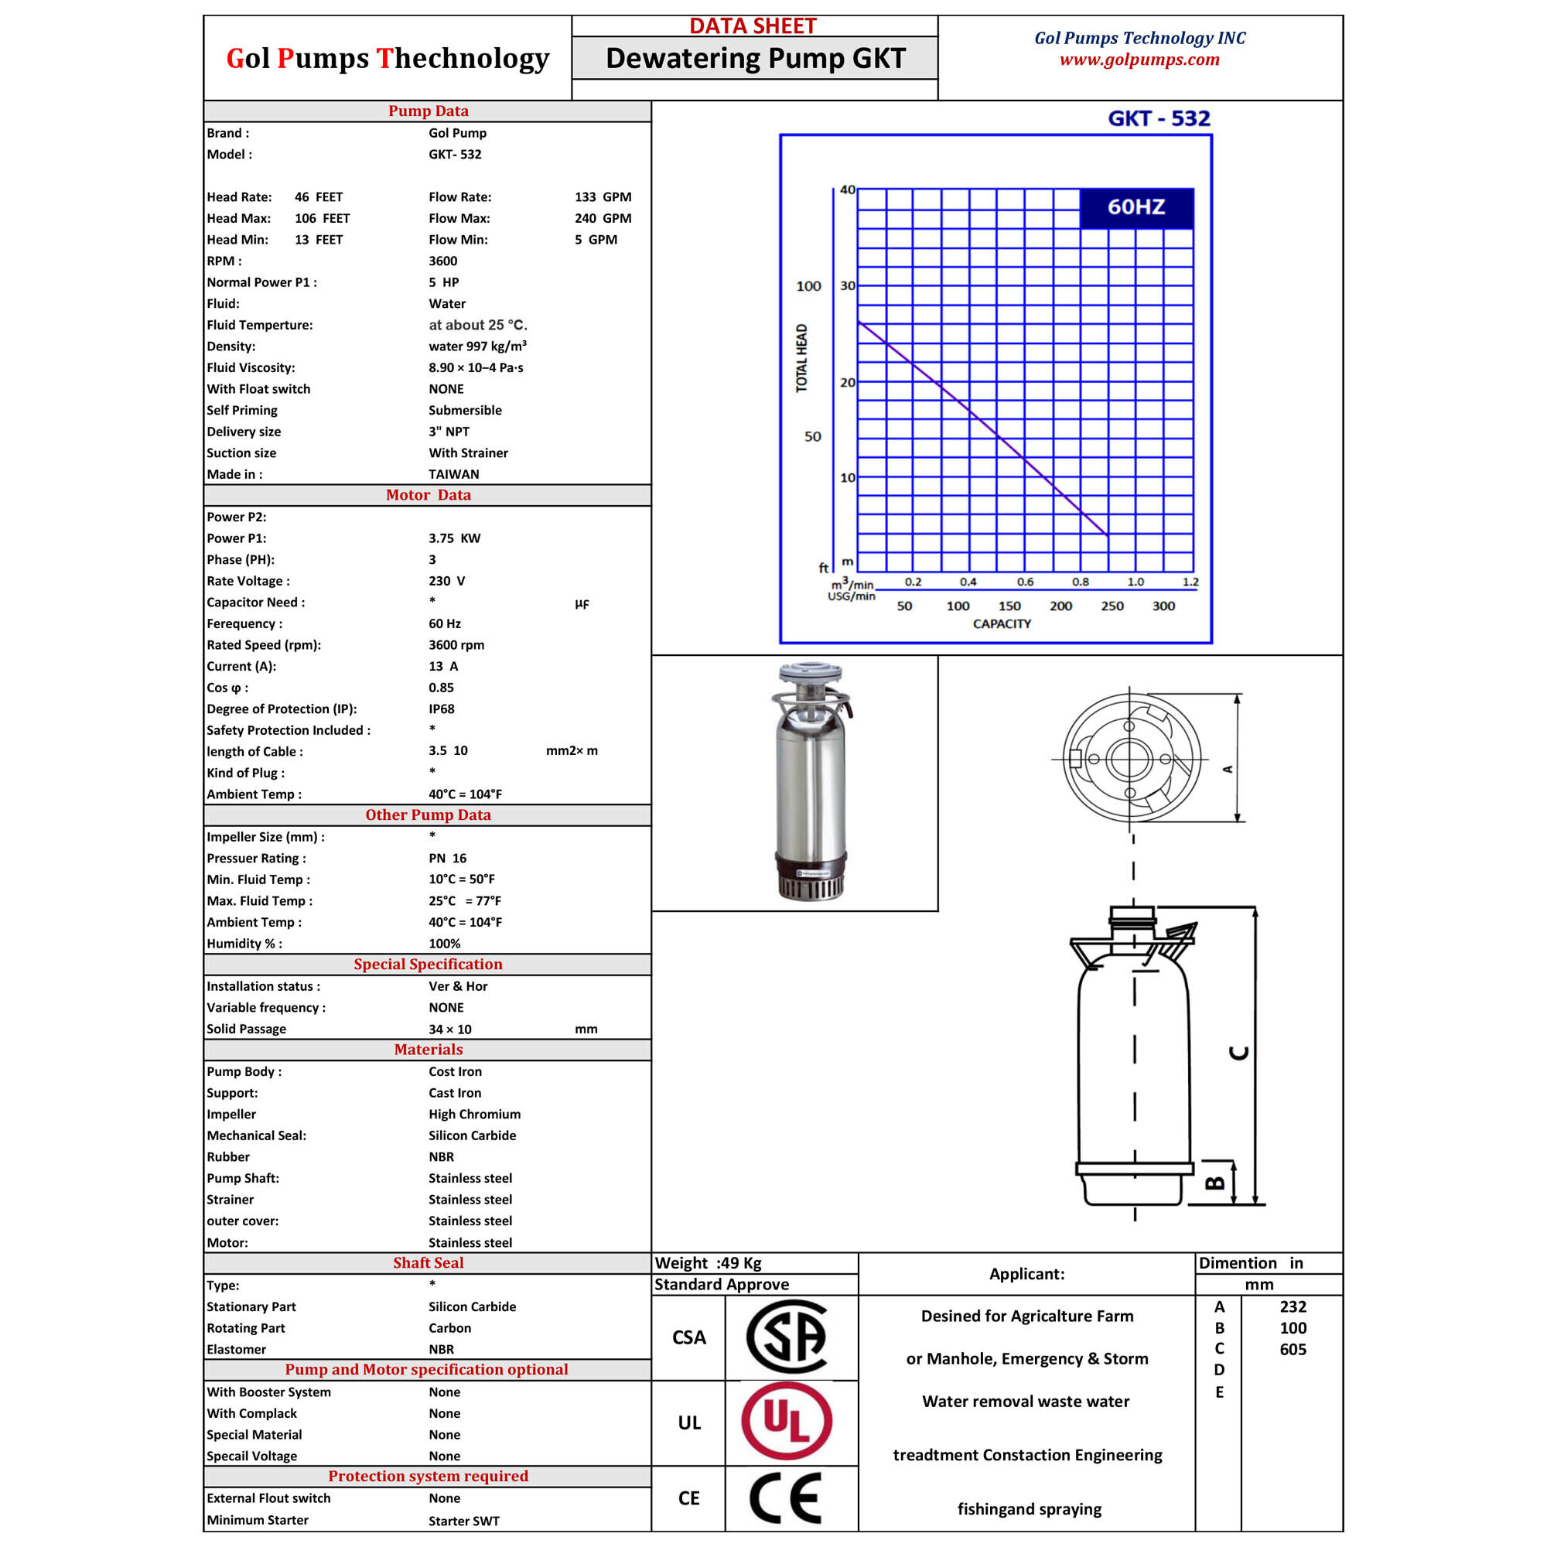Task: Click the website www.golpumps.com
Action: pos(1139,60)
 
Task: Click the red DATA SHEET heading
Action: pos(753,26)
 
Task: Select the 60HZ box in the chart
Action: pos(1135,207)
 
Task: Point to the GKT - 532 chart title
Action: pos(1158,118)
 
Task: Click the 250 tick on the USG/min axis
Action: pos(1112,606)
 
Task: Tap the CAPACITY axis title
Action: pos(1002,623)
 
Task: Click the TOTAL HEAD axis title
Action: pos(801,358)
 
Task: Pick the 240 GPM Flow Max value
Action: pos(602,218)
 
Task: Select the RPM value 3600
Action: pos(442,261)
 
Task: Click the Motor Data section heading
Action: pos(429,495)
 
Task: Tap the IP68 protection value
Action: pos(441,709)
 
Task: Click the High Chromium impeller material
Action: pos(474,1114)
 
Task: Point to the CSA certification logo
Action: pos(787,1337)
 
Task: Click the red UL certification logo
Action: pos(787,1422)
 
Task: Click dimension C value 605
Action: pos(1293,1349)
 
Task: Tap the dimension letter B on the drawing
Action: pos(1215,1183)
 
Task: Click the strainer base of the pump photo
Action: pos(811,885)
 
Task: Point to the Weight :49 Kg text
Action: pos(708,1263)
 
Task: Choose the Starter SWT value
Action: pos(463,1521)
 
